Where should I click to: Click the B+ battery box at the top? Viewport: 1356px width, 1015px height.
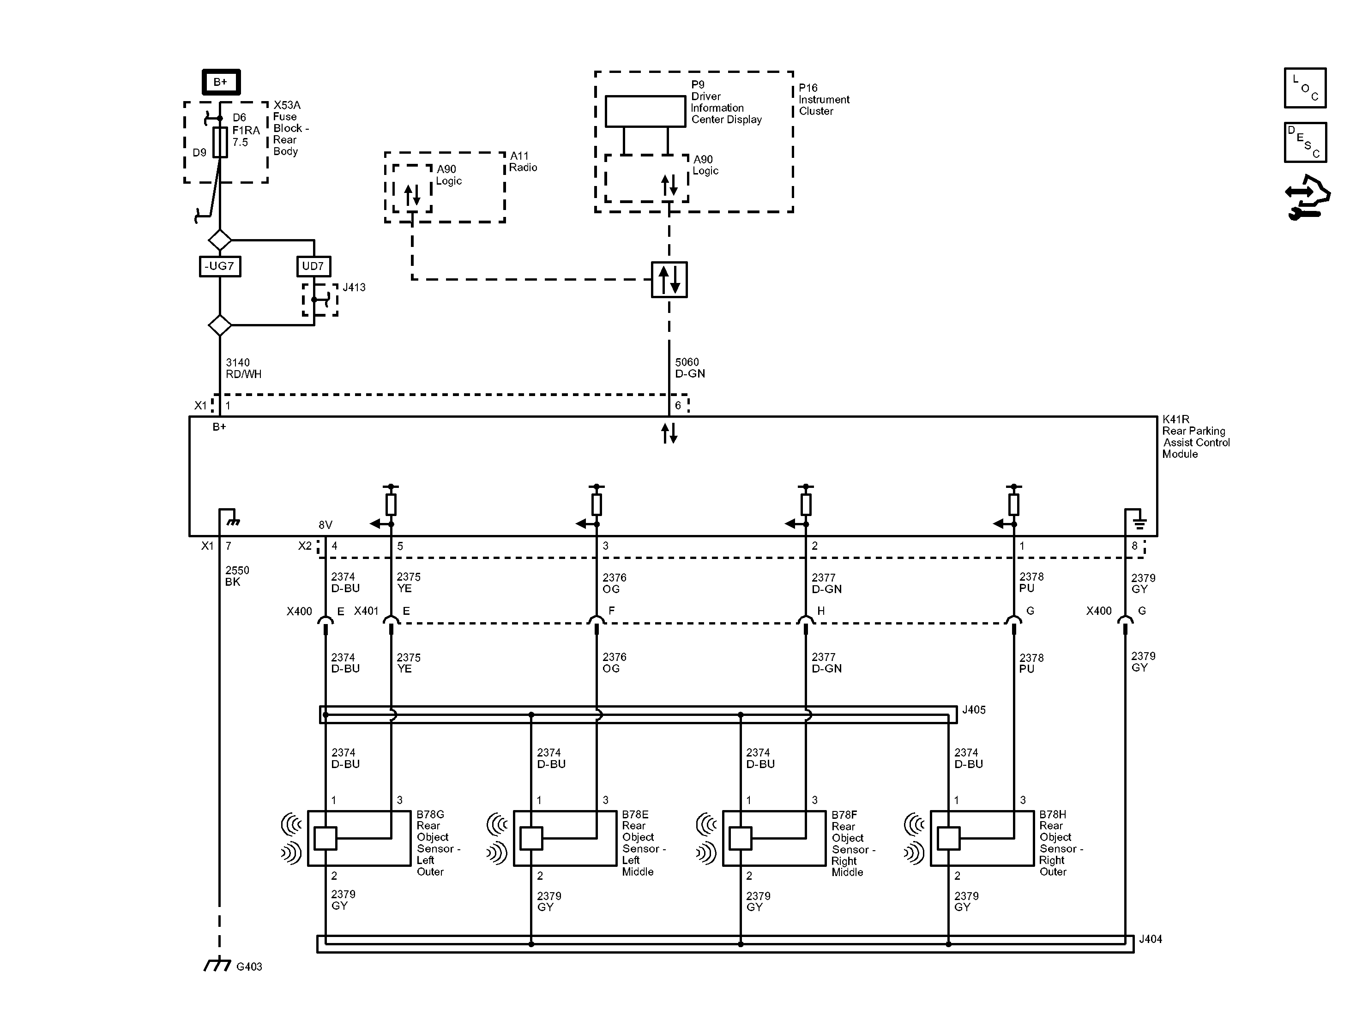tap(221, 82)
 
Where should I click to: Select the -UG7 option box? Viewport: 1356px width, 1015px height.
tap(220, 266)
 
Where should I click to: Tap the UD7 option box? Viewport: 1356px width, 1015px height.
tap(313, 266)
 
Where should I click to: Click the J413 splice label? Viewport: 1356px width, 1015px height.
tap(354, 288)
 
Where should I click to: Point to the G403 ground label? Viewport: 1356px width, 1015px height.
tap(249, 967)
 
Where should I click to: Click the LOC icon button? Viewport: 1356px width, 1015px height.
tap(1305, 88)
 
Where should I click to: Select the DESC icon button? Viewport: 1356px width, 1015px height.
tap(1305, 142)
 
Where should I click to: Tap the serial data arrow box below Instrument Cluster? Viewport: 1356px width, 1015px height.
tap(669, 280)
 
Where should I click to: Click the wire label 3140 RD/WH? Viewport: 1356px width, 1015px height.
tap(243, 368)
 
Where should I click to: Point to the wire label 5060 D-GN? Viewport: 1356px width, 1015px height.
tap(690, 368)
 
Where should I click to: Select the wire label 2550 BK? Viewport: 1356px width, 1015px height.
tap(237, 576)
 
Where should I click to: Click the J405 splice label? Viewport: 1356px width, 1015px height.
tap(973, 710)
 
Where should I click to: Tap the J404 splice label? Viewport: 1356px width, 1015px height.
tap(1150, 939)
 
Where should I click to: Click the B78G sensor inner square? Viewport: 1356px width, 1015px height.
tap(325, 838)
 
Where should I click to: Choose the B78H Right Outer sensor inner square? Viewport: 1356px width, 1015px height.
tap(948, 838)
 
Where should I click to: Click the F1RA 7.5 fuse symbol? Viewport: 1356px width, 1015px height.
tap(220, 142)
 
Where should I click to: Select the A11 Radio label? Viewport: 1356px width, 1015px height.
tap(523, 162)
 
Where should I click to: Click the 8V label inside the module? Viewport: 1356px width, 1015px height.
tap(325, 525)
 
